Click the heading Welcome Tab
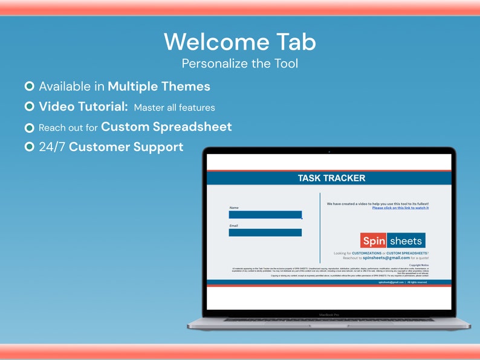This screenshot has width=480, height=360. point(239,42)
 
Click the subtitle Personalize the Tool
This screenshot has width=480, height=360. point(239,63)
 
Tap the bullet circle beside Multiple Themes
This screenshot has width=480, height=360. point(29,86)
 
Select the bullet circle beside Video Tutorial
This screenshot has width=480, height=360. point(29,106)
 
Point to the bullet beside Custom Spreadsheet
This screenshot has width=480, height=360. point(29,127)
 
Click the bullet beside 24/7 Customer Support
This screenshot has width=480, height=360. point(29,147)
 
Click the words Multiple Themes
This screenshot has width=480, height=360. point(159,86)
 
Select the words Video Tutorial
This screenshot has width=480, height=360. point(83,106)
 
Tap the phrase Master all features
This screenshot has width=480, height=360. point(174,108)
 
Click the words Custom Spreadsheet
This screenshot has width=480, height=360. point(166,127)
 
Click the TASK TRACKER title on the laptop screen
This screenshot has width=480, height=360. point(331,178)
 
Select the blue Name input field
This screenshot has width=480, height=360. point(265,214)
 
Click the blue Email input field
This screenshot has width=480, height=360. point(265,233)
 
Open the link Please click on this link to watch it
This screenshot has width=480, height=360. point(400,208)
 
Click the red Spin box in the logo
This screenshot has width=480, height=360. point(374,241)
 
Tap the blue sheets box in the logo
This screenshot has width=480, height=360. point(406,241)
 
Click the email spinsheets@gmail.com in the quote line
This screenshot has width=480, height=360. point(386,257)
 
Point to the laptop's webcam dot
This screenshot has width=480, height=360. point(329,151)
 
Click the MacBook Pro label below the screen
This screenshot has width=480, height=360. point(329,315)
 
